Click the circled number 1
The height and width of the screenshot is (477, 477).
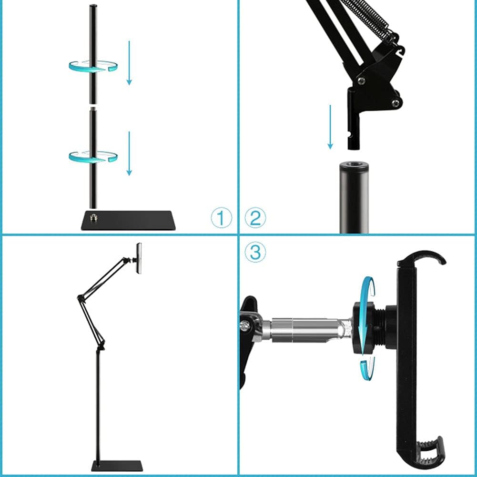pos(221,218)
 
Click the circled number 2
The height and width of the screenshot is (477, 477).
pos(255,218)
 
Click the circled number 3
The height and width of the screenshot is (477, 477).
pos(255,252)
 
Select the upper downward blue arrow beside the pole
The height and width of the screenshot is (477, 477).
pos(129,62)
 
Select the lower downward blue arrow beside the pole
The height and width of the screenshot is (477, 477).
pos(129,153)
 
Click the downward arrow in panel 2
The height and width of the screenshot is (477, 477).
pos(330,127)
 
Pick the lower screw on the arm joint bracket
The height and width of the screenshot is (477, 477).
pos(396,102)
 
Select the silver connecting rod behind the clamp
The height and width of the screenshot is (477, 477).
pos(305,329)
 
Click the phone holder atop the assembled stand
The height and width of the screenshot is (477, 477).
pos(139,258)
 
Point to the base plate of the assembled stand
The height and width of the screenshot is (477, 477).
pos(117,465)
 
